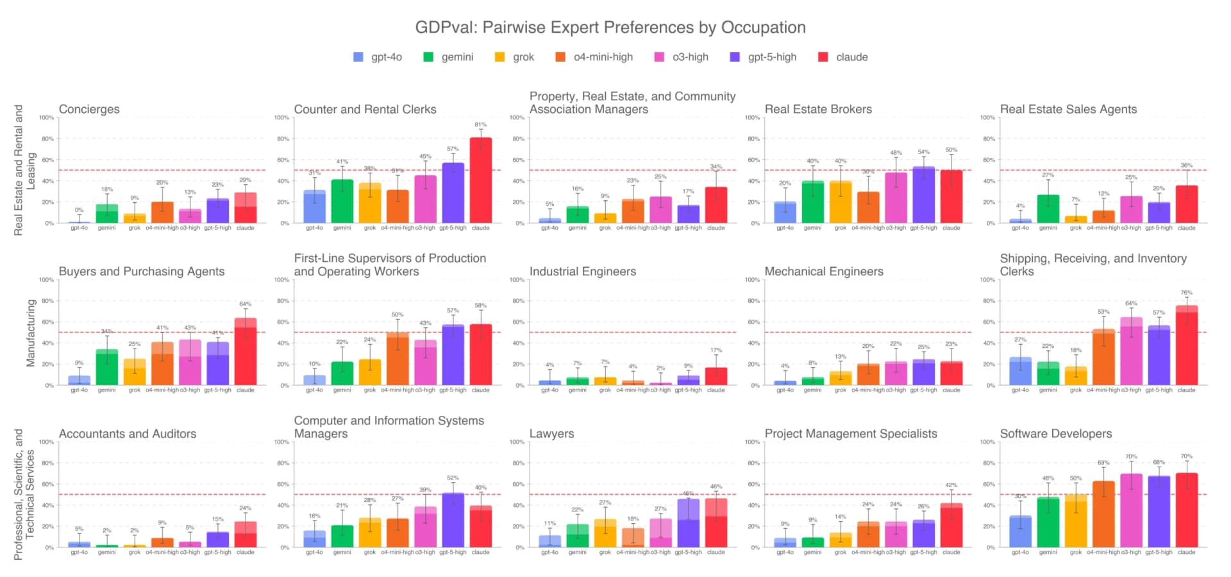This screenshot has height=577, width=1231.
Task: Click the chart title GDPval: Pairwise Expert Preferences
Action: coord(610,28)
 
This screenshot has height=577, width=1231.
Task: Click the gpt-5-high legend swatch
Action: coord(735,57)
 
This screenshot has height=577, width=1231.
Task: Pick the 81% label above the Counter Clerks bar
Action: coord(481,125)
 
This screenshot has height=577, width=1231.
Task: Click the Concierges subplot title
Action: coord(89,109)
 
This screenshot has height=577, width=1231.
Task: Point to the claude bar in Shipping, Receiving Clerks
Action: coord(1186,347)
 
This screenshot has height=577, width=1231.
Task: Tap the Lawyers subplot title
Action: coord(551,434)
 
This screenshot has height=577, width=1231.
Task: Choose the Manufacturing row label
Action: coord(30,332)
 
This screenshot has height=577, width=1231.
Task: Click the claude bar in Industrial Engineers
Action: coord(716,377)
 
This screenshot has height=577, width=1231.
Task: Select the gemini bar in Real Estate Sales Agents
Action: coord(1048,209)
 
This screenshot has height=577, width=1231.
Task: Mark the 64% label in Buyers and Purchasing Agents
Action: coord(245,304)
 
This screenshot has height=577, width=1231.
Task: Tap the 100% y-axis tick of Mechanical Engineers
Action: coord(752,280)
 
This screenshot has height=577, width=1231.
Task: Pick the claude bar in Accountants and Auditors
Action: coord(246,535)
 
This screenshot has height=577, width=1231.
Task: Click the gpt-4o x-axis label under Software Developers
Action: coord(1020,552)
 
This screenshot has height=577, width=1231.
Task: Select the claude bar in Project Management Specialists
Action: coord(951,526)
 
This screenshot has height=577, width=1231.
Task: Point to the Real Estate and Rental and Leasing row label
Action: coord(24,170)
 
